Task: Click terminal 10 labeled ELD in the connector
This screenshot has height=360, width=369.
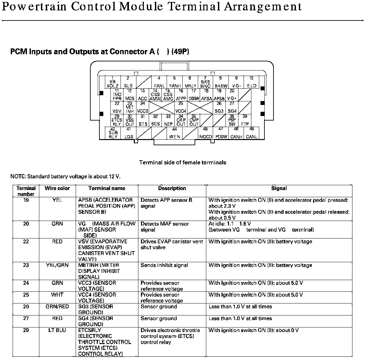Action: pyautogui.click(x=251, y=83)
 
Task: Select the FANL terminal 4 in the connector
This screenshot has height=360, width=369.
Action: pyautogui.click(x=159, y=83)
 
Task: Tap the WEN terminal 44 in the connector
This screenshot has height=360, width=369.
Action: pyautogui.click(x=174, y=133)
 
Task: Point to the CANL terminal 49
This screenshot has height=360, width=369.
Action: pyautogui.click(x=251, y=133)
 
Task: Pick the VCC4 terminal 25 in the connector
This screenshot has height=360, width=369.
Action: pyautogui.click(x=181, y=108)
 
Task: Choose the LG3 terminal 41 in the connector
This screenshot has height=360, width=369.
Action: pyautogui.click(x=129, y=133)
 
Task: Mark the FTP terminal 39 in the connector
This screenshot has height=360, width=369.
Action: pyautogui.click(x=245, y=121)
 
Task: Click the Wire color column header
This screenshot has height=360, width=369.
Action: pyautogui.click(x=57, y=188)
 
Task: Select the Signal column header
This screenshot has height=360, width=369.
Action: pyautogui.click(x=279, y=188)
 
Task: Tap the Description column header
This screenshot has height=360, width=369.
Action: pyautogui.click(x=172, y=188)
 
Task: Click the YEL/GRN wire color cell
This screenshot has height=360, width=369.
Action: pyautogui.click(x=57, y=265)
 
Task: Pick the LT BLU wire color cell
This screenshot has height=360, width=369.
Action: pyautogui.click(x=57, y=330)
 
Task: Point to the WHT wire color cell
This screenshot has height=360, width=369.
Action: pyautogui.click(x=57, y=295)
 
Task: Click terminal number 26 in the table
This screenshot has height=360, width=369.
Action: pyautogui.click(x=26, y=307)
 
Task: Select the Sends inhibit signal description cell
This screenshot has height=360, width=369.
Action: pyautogui.click(x=164, y=265)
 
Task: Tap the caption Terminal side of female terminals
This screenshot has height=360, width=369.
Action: pyautogui.click(x=183, y=162)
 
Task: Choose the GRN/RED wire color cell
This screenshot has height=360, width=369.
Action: pyautogui.click(x=57, y=307)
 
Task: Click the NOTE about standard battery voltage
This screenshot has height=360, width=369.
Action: pyautogui.click(x=65, y=177)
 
